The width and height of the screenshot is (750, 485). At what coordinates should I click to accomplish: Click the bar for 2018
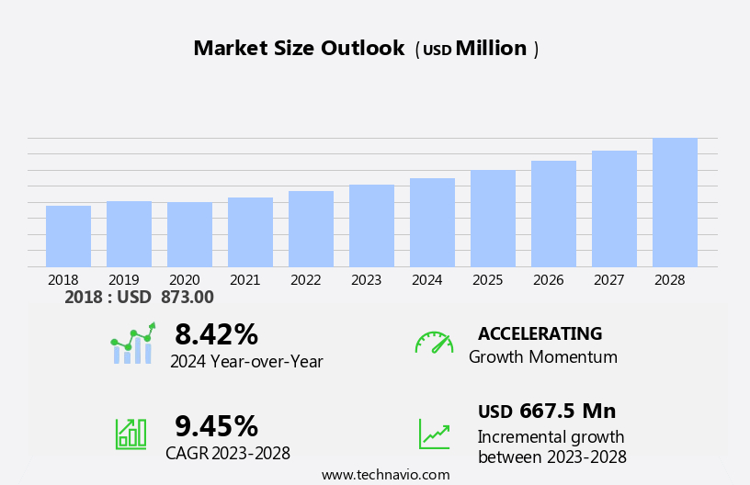coord(68,236)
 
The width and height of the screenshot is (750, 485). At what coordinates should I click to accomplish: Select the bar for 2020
coord(189,234)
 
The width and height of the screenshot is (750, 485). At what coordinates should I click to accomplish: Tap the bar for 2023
coord(371,226)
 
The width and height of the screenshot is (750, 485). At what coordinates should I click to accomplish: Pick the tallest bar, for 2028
coord(675,202)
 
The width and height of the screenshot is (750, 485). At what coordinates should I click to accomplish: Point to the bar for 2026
coord(553,214)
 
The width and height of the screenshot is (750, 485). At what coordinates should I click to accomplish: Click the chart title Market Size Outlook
coord(299,49)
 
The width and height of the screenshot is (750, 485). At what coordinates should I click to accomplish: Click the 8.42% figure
coord(216,334)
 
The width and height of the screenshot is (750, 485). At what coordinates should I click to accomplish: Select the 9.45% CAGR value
coord(216,426)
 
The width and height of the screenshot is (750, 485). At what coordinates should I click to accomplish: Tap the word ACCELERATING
coord(540,334)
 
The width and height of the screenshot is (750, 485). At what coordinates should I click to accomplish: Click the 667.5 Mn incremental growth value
coord(567,412)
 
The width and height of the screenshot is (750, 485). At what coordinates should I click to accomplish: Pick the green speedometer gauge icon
coord(434,343)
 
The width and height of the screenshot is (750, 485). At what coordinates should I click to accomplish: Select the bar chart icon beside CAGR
coord(131,433)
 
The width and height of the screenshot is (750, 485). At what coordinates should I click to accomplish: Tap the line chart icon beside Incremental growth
coord(434,434)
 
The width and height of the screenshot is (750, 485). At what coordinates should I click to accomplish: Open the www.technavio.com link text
coord(385,475)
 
